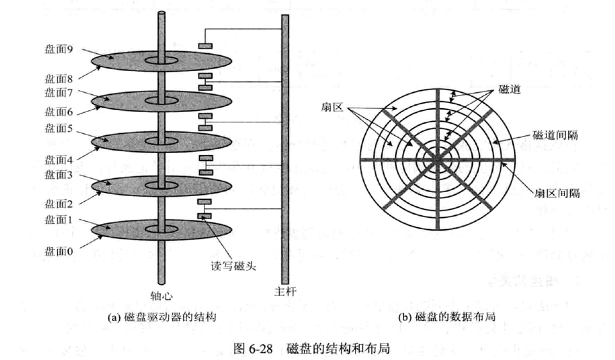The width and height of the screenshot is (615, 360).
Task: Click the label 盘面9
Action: click(x=59, y=49)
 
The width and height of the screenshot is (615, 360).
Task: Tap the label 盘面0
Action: click(x=59, y=251)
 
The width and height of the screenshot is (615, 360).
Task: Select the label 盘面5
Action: click(x=59, y=128)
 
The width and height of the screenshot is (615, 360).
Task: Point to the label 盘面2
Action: click(x=59, y=204)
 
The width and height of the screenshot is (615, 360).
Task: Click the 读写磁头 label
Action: click(x=233, y=266)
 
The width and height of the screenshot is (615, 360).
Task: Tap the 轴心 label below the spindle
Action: click(x=161, y=295)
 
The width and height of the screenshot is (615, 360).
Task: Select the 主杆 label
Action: click(x=286, y=291)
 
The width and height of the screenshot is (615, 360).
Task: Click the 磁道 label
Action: click(x=509, y=90)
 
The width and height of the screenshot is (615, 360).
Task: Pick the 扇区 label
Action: click(x=332, y=107)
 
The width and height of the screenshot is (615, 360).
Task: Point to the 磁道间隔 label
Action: click(x=555, y=135)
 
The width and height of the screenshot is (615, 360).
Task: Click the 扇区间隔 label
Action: click(x=557, y=193)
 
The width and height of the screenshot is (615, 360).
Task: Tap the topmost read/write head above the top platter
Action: click(x=205, y=46)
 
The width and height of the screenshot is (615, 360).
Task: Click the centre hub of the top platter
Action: click(x=161, y=61)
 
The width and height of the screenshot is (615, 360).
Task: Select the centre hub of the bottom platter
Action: click(x=161, y=229)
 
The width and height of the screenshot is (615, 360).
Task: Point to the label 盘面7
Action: click(x=59, y=92)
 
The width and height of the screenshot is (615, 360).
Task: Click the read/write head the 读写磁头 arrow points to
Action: click(x=205, y=216)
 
